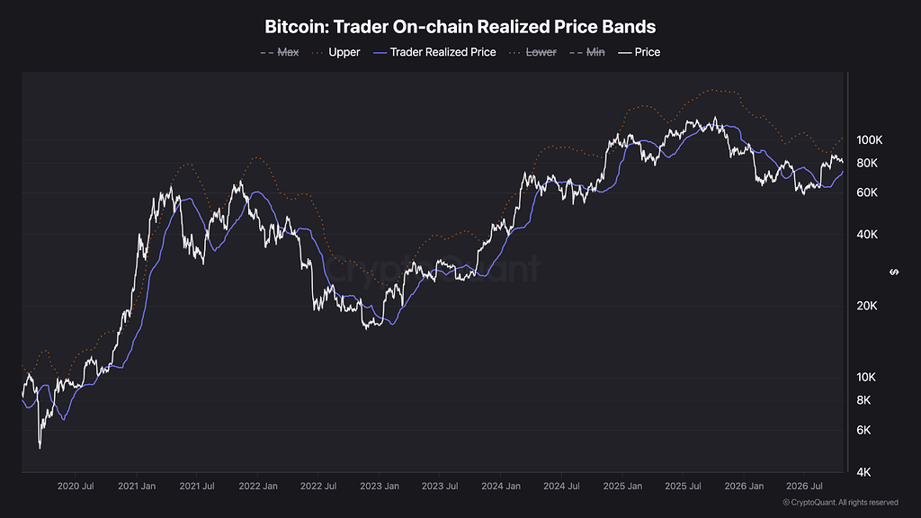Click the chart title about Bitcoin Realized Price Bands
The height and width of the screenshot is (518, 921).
(460, 26)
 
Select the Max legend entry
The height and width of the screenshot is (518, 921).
(280, 52)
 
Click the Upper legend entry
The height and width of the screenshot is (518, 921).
(335, 52)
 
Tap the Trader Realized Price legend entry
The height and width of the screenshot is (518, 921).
(434, 52)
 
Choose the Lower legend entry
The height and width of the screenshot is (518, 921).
(532, 52)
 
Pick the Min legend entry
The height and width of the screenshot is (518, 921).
(586, 52)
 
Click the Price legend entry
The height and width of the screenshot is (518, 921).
(639, 52)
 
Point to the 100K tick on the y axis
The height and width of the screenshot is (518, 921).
(870, 139)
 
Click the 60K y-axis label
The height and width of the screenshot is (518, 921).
(867, 192)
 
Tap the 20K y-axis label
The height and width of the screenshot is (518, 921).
(867, 306)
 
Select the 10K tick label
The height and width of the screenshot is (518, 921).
(866, 377)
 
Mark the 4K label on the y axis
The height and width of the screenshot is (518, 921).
(863, 472)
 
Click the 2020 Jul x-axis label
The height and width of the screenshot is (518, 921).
(76, 487)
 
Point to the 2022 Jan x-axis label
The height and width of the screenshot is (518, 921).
(258, 487)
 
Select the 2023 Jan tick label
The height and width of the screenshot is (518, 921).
(380, 487)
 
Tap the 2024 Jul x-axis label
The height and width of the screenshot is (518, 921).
(561, 487)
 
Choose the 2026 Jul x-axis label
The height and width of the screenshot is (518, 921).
(804, 487)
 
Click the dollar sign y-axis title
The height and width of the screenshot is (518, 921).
(894, 272)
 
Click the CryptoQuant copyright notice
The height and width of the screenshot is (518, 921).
(841, 502)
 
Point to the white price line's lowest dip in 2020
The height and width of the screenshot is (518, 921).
(40, 448)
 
